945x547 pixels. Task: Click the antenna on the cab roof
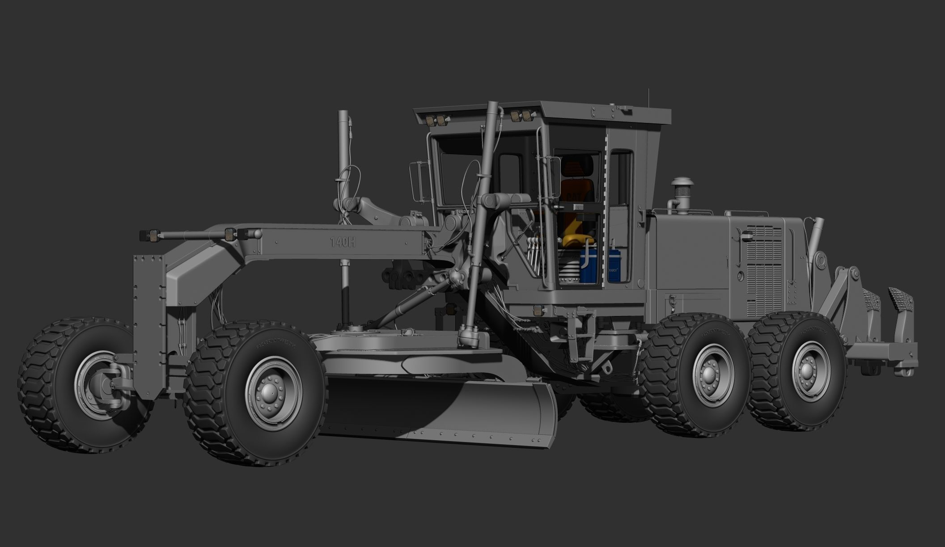click(647, 98)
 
